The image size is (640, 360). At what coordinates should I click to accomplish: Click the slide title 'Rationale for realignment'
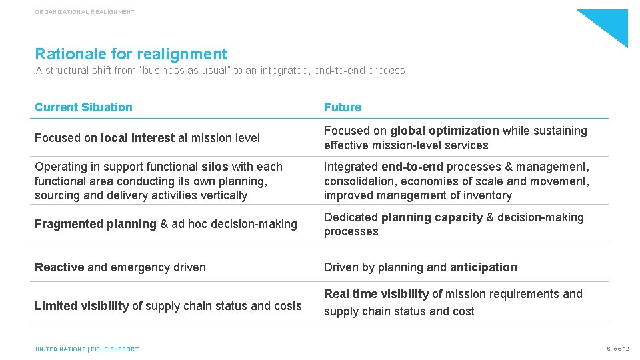(x=131, y=54)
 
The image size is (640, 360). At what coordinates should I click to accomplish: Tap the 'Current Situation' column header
(x=83, y=107)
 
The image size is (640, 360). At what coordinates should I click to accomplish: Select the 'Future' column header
(x=343, y=107)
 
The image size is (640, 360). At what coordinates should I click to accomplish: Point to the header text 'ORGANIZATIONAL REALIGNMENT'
(x=85, y=12)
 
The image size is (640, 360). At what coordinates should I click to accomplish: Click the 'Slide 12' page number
(x=618, y=349)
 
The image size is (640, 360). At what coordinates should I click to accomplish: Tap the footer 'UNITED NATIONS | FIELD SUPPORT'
(x=87, y=349)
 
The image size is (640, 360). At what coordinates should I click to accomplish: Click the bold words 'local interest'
(x=138, y=138)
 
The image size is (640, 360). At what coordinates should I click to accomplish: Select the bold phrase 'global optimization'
(x=445, y=131)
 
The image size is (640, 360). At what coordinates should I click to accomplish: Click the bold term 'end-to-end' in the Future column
(x=412, y=167)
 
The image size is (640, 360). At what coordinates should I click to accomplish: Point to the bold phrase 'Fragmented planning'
(x=95, y=224)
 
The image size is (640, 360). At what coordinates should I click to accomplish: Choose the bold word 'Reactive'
(x=59, y=267)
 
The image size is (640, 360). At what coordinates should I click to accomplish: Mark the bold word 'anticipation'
(x=483, y=267)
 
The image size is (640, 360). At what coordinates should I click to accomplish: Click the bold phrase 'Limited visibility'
(x=81, y=306)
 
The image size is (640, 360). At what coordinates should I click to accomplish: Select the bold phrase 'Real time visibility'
(x=376, y=294)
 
